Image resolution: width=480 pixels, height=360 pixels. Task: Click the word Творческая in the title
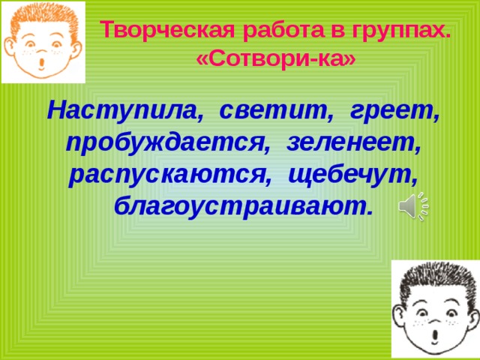point(167,31)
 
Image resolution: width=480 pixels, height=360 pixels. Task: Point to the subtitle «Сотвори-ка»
point(276,59)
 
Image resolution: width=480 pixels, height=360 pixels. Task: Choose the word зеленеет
point(354,143)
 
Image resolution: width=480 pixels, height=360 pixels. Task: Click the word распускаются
point(170,176)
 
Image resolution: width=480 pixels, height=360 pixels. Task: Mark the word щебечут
point(353,176)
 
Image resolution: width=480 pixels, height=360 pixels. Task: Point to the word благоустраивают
point(244,208)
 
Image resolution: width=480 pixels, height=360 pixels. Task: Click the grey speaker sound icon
point(413,206)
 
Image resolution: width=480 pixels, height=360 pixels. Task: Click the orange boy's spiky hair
point(43,19)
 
